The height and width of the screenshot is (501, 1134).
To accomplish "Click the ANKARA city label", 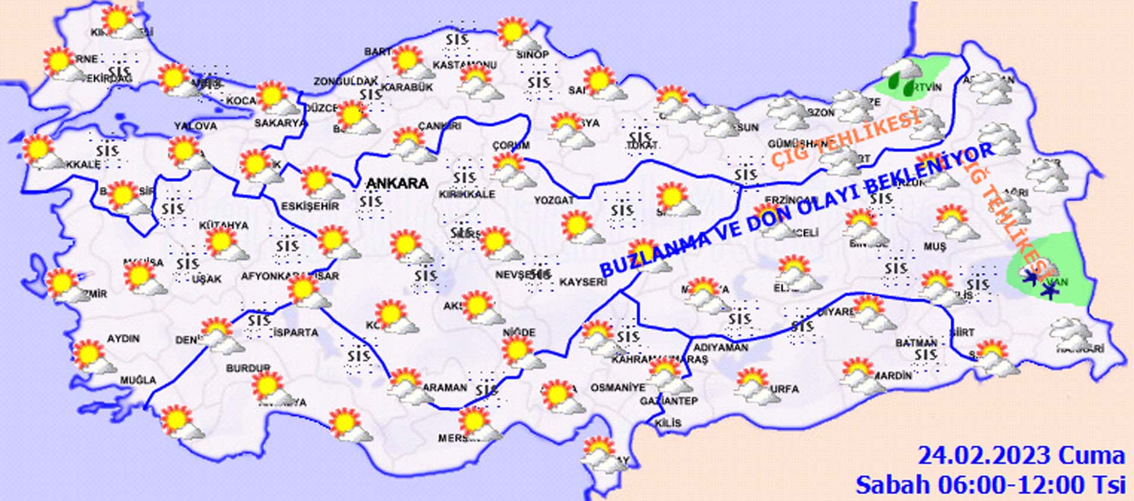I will [397, 184].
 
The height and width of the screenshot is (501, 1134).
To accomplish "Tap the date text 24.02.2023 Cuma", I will [1021, 456].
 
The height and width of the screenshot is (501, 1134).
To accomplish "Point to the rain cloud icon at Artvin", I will [902, 77].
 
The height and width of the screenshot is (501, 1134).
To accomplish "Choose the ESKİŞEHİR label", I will [310, 206].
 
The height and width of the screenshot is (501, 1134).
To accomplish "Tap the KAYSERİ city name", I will [582, 282].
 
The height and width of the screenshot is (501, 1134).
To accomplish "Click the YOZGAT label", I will [553, 201].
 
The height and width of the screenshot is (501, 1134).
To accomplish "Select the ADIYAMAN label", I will [720, 348].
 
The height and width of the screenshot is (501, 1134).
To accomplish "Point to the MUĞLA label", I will [138, 380].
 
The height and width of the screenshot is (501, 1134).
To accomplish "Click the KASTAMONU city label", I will [465, 65].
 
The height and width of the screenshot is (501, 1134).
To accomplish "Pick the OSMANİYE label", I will [618, 388].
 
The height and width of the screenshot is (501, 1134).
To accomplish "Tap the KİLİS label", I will [668, 423].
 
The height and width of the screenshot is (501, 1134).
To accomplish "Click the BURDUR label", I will [248, 368].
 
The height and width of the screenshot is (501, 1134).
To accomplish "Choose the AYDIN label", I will [123, 339].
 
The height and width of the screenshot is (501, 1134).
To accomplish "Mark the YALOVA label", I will [195, 126].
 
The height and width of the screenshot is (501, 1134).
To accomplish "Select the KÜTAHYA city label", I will [223, 225].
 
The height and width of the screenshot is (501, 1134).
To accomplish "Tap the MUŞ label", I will [935, 247].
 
